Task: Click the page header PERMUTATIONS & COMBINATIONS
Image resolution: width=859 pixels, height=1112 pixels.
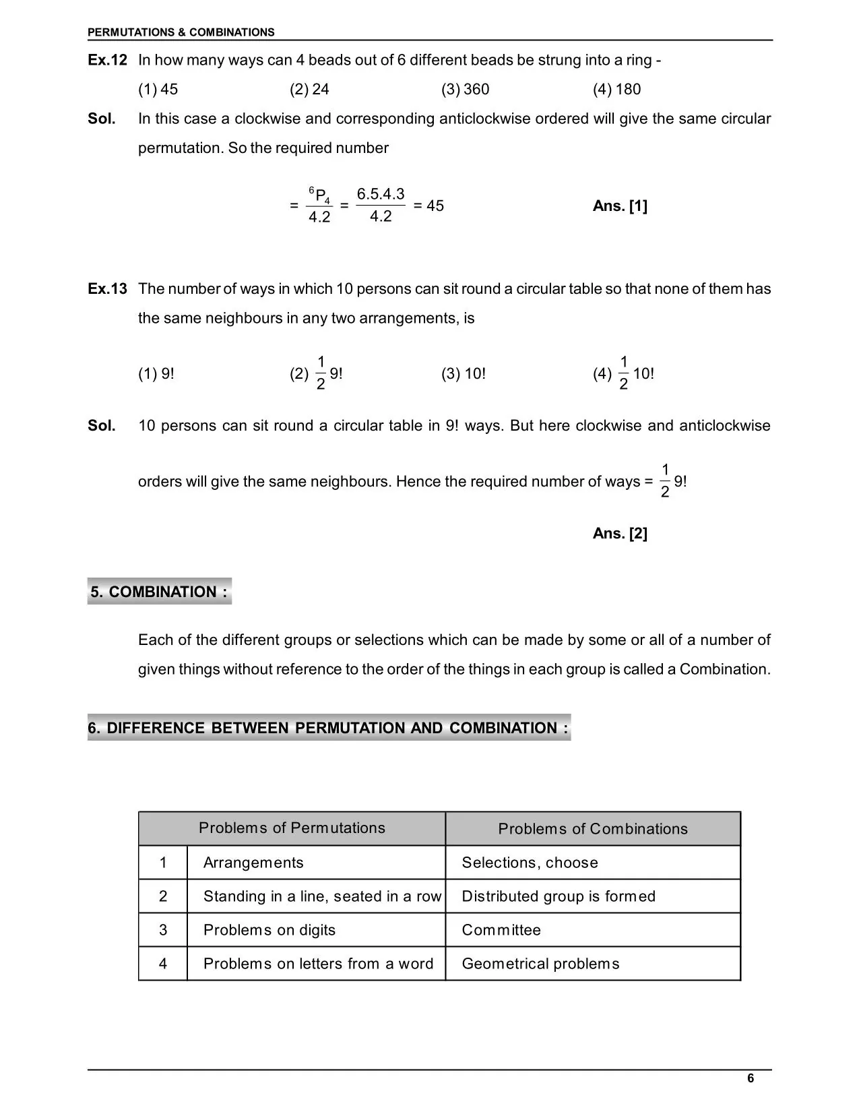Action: click(x=181, y=32)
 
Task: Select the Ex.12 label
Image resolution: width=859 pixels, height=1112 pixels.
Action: click(x=107, y=60)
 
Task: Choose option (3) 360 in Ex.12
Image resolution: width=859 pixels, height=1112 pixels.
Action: click(x=465, y=89)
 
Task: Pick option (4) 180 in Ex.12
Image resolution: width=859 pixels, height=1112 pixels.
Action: click(x=616, y=89)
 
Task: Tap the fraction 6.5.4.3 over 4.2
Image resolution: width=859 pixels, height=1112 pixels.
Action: click(x=381, y=205)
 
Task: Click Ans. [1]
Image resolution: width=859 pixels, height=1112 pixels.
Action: click(x=620, y=206)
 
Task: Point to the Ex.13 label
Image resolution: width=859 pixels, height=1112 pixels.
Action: click(x=107, y=289)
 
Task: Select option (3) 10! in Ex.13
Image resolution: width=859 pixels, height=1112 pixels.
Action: click(x=464, y=373)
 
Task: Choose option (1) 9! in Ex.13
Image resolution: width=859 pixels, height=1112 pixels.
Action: click(x=156, y=373)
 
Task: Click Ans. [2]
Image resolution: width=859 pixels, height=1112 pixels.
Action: click(x=620, y=534)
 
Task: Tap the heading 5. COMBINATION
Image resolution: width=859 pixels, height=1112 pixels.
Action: click(x=159, y=592)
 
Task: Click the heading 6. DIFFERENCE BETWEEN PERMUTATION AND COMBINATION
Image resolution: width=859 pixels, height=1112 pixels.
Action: click(x=328, y=728)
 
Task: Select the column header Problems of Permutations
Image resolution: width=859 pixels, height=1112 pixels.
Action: click(x=292, y=828)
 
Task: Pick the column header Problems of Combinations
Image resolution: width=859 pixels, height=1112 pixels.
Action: click(x=593, y=829)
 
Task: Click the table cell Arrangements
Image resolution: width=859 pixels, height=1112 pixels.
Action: click(x=253, y=863)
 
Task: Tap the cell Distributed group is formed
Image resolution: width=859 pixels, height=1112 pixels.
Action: click(x=558, y=896)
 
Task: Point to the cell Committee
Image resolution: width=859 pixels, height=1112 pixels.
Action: click(x=501, y=930)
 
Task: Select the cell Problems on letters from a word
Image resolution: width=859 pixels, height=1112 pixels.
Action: click(x=318, y=964)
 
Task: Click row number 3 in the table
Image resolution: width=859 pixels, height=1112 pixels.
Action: click(x=163, y=930)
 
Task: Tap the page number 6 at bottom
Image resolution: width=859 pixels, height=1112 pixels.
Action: click(x=751, y=1078)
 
